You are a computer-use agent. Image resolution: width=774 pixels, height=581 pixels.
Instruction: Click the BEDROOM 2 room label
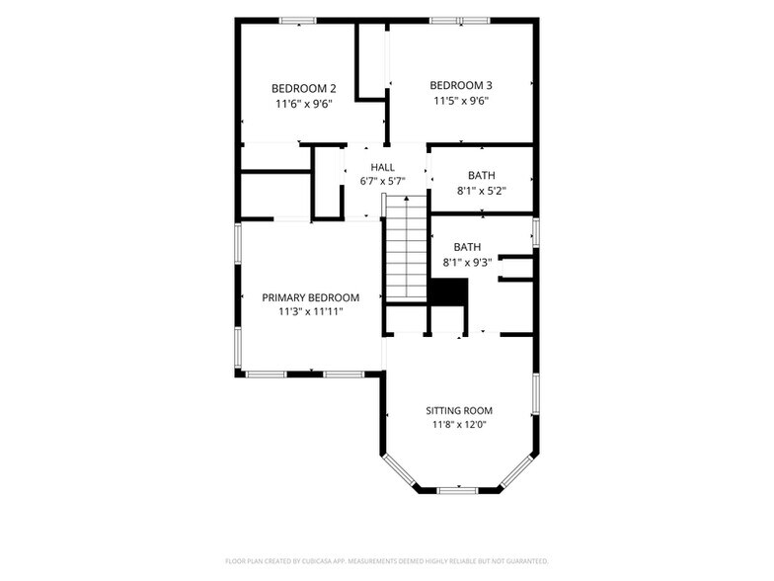click(x=304, y=89)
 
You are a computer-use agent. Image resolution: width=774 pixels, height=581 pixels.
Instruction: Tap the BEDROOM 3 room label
click(x=461, y=85)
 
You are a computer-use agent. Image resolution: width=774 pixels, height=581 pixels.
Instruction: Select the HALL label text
click(x=383, y=167)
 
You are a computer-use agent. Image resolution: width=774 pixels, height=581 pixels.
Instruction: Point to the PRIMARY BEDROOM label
click(x=310, y=297)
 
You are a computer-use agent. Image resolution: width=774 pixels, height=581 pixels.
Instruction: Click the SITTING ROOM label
click(x=459, y=411)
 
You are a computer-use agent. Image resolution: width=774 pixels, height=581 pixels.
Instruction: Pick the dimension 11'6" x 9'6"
click(x=304, y=104)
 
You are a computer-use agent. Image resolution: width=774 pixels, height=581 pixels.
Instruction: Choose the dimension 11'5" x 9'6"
click(x=461, y=101)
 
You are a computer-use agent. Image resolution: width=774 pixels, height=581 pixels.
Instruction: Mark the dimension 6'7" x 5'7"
click(x=383, y=182)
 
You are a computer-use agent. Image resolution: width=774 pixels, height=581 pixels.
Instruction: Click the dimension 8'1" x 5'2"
click(x=482, y=190)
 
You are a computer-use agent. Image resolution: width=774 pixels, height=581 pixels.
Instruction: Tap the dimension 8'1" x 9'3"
click(x=468, y=262)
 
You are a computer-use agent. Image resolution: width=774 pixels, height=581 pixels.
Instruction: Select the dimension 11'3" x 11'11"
click(x=310, y=312)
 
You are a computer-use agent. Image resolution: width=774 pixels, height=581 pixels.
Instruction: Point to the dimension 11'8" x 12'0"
click(x=459, y=425)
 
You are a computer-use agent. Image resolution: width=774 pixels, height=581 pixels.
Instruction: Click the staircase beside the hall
click(x=406, y=248)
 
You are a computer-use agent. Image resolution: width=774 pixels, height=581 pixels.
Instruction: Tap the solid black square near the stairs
click(x=448, y=291)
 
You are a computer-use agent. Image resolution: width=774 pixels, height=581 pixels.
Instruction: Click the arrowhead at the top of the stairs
click(x=407, y=199)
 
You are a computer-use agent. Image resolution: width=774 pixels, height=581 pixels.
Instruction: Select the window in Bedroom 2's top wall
click(x=298, y=21)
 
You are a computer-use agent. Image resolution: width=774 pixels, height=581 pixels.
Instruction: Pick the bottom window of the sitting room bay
click(x=458, y=490)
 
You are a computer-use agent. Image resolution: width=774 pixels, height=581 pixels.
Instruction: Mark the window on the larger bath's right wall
click(x=535, y=232)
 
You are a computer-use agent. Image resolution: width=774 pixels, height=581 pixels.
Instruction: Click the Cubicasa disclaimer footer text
click(x=387, y=561)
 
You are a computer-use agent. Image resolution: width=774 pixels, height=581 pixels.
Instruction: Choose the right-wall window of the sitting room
click(x=535, y=393)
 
